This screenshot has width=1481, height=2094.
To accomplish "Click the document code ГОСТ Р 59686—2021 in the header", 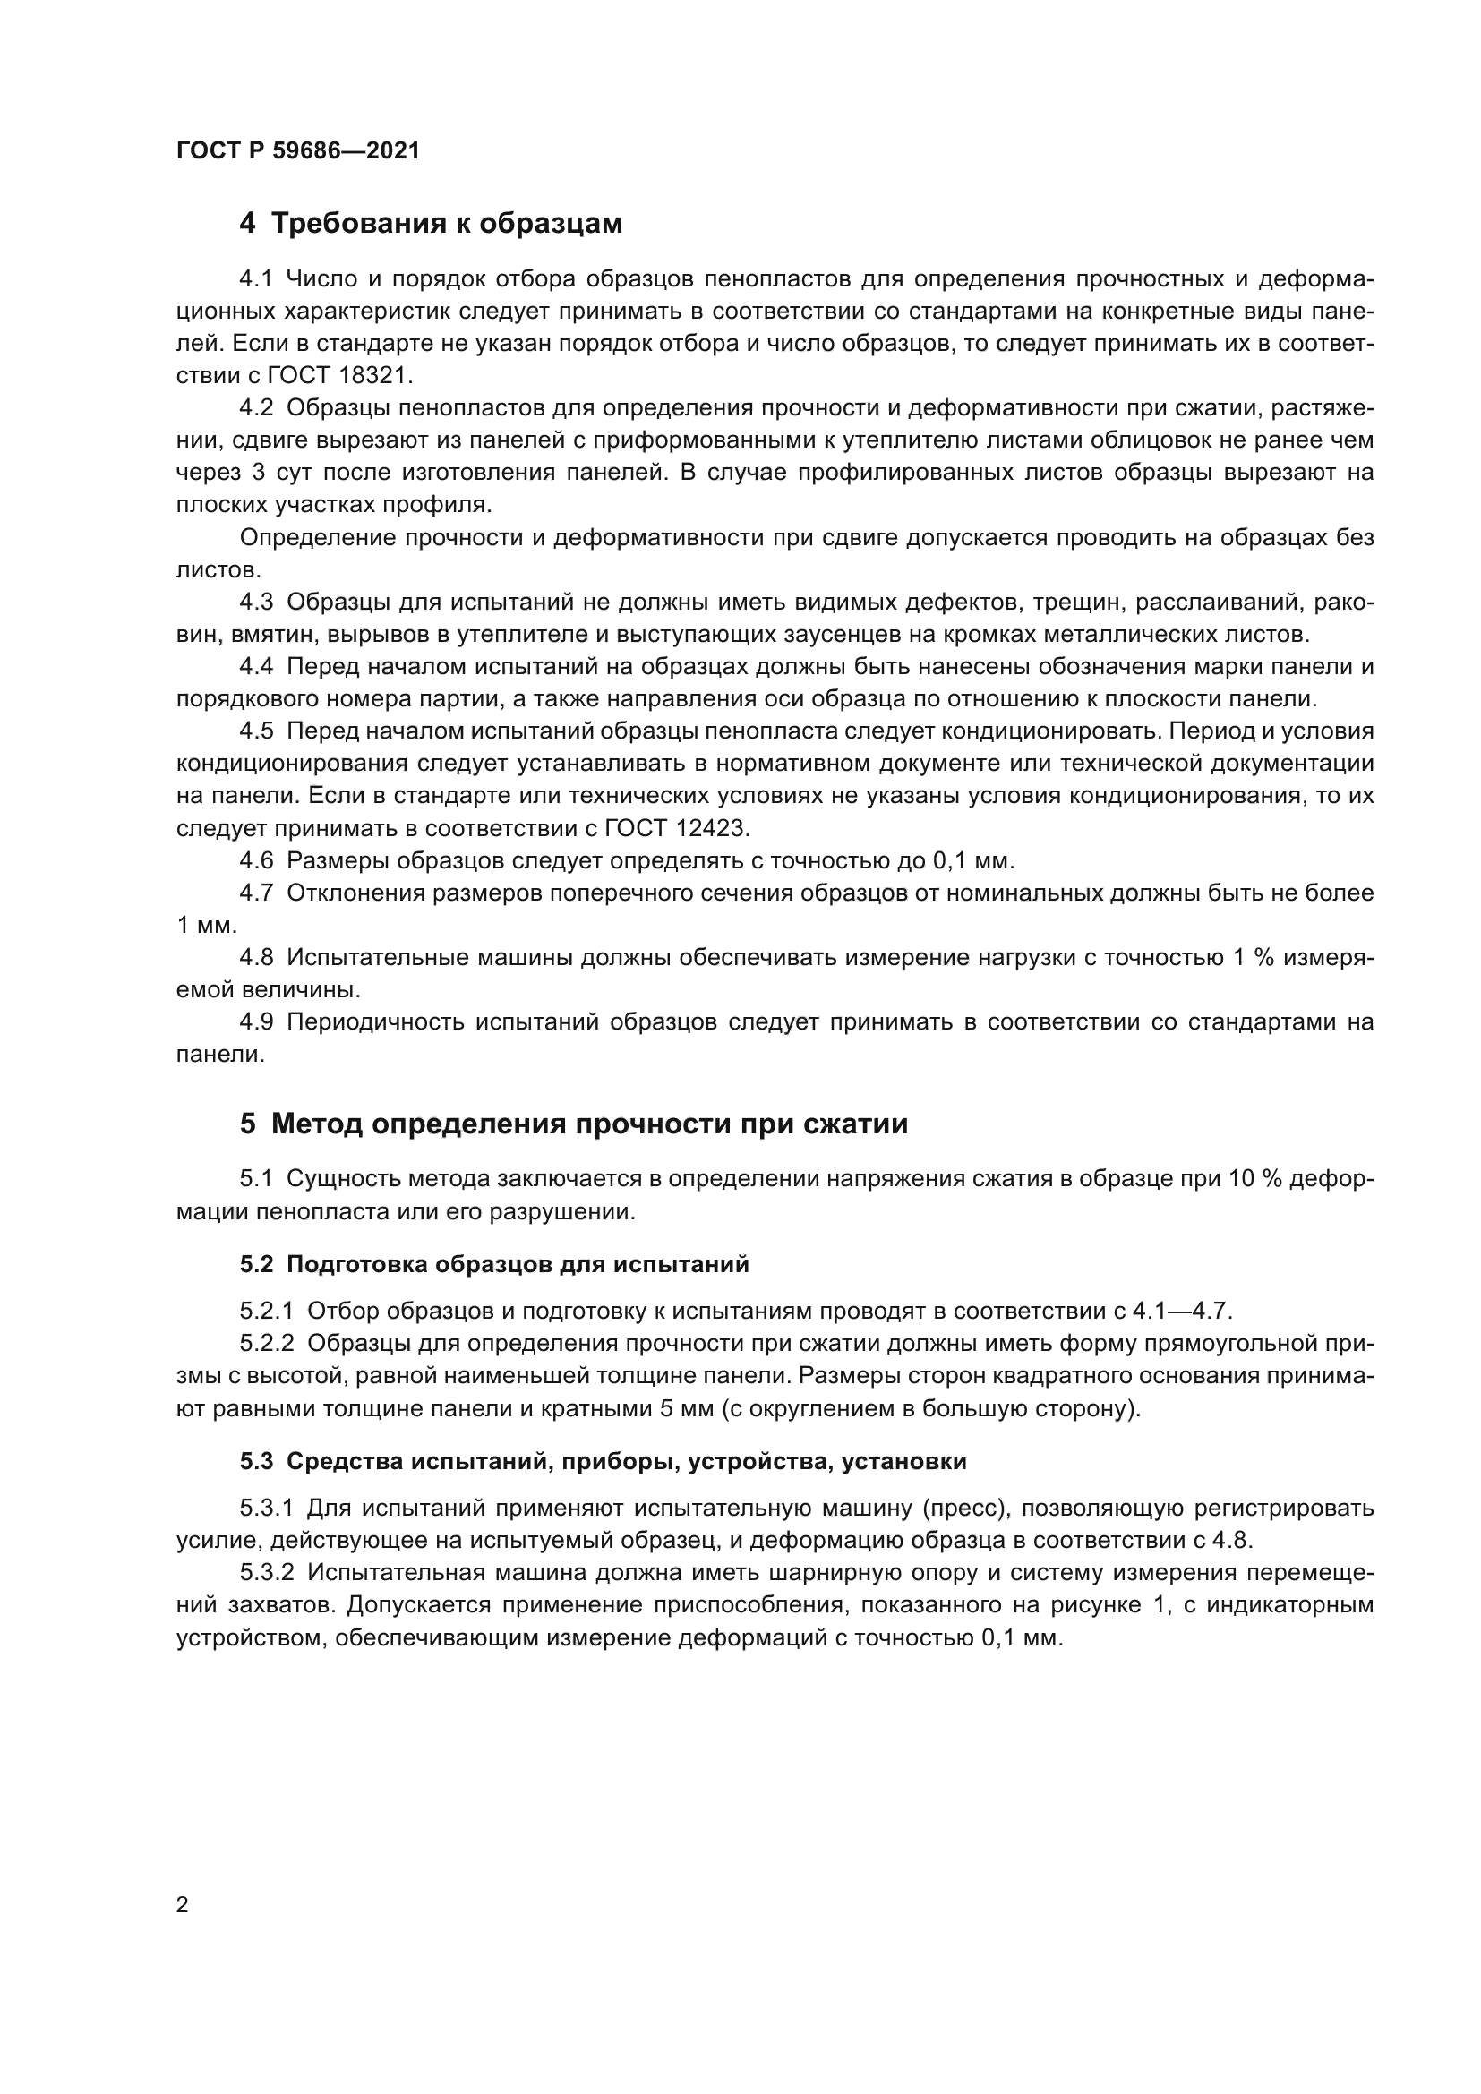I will click(298, 151).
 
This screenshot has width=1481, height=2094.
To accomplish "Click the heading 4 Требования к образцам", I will click(431, 224).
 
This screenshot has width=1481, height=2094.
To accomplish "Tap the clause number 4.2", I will click(256, 407).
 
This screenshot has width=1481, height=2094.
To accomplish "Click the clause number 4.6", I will click(256, 860).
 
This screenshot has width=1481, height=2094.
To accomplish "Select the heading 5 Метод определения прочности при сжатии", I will click(574, 1124).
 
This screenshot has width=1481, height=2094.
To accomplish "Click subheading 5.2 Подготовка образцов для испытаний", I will click(494, 1264).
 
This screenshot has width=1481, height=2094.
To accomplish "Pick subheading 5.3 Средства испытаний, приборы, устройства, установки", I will click(603, 1461).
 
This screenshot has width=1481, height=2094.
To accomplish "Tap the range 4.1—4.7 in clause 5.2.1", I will click(1182, 1312).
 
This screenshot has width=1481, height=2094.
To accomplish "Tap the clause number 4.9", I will click(256, 1021).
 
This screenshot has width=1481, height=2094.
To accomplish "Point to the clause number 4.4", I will click(256, 667).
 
